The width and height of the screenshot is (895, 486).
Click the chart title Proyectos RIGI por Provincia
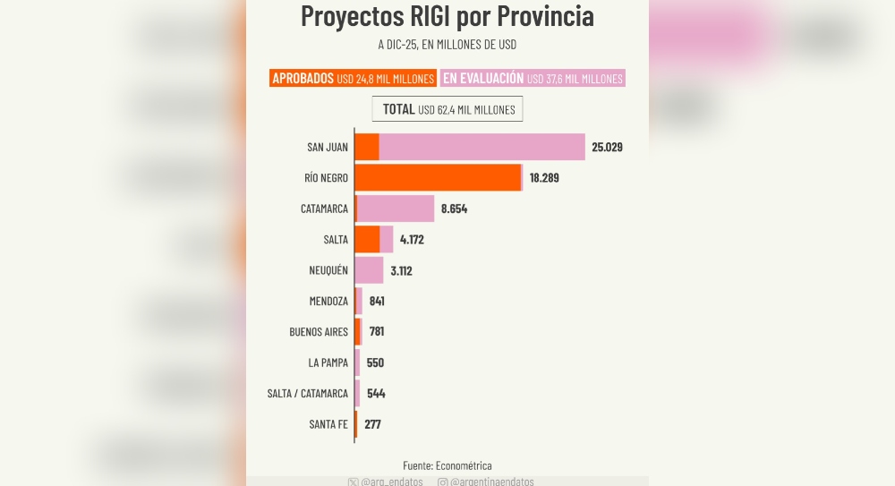(x=447, y=16)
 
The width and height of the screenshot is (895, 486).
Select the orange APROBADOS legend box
(x=353, y=79)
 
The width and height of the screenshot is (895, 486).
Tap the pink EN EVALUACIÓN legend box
(x=533, y=79)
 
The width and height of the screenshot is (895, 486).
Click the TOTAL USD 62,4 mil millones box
(x=447, y=109)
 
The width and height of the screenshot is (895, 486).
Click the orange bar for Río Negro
(x=438, y=177)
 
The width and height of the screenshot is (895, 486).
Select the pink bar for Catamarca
(x=396, y=209)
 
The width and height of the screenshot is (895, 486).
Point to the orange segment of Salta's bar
(x=367, y=240)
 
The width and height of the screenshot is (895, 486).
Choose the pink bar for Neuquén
(x=369, y=270)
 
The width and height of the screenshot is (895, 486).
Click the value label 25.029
(x=606, y=147)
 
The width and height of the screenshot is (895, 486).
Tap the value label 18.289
(x=544, y=178)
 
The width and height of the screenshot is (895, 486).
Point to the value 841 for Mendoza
(x=377, y=301)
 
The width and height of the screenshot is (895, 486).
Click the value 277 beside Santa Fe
(x=372, y=424)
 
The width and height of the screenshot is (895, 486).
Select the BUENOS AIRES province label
(x=319, y=332)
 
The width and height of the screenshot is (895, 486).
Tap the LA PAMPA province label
(x=328, y=362)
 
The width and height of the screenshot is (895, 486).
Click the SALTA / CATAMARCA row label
(x=308, y=394)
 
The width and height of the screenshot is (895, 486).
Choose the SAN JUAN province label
(x=328, y=147)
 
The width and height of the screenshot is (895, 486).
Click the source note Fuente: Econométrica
(x=447, y=465)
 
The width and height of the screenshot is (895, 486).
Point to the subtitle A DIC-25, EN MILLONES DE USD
(x=447, y=44)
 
